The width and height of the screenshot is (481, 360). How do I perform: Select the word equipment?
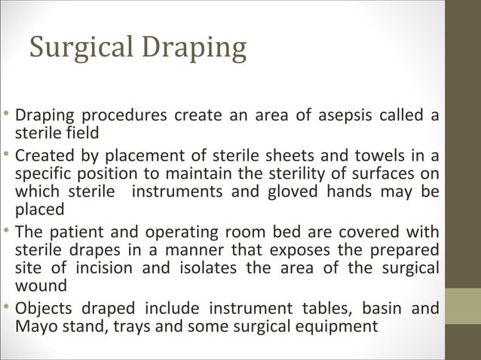337,327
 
